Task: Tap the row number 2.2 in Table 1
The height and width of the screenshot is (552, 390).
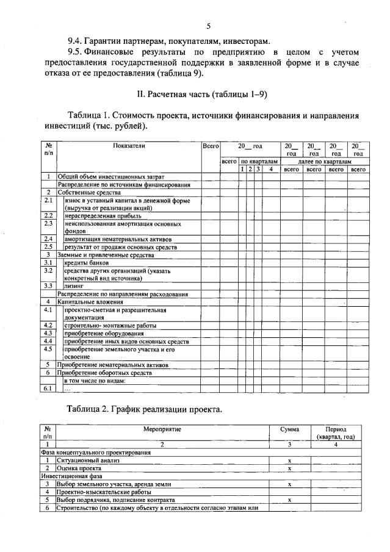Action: [x=48, y=215]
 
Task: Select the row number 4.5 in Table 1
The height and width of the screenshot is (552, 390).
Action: [x=48, y=349]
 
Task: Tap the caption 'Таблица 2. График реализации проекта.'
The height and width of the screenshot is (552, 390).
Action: [x=145, y=409]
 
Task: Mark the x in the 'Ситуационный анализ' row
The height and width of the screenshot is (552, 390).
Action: [x=289, y=461]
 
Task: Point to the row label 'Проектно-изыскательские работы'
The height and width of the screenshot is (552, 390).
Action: [x=104, y=491]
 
